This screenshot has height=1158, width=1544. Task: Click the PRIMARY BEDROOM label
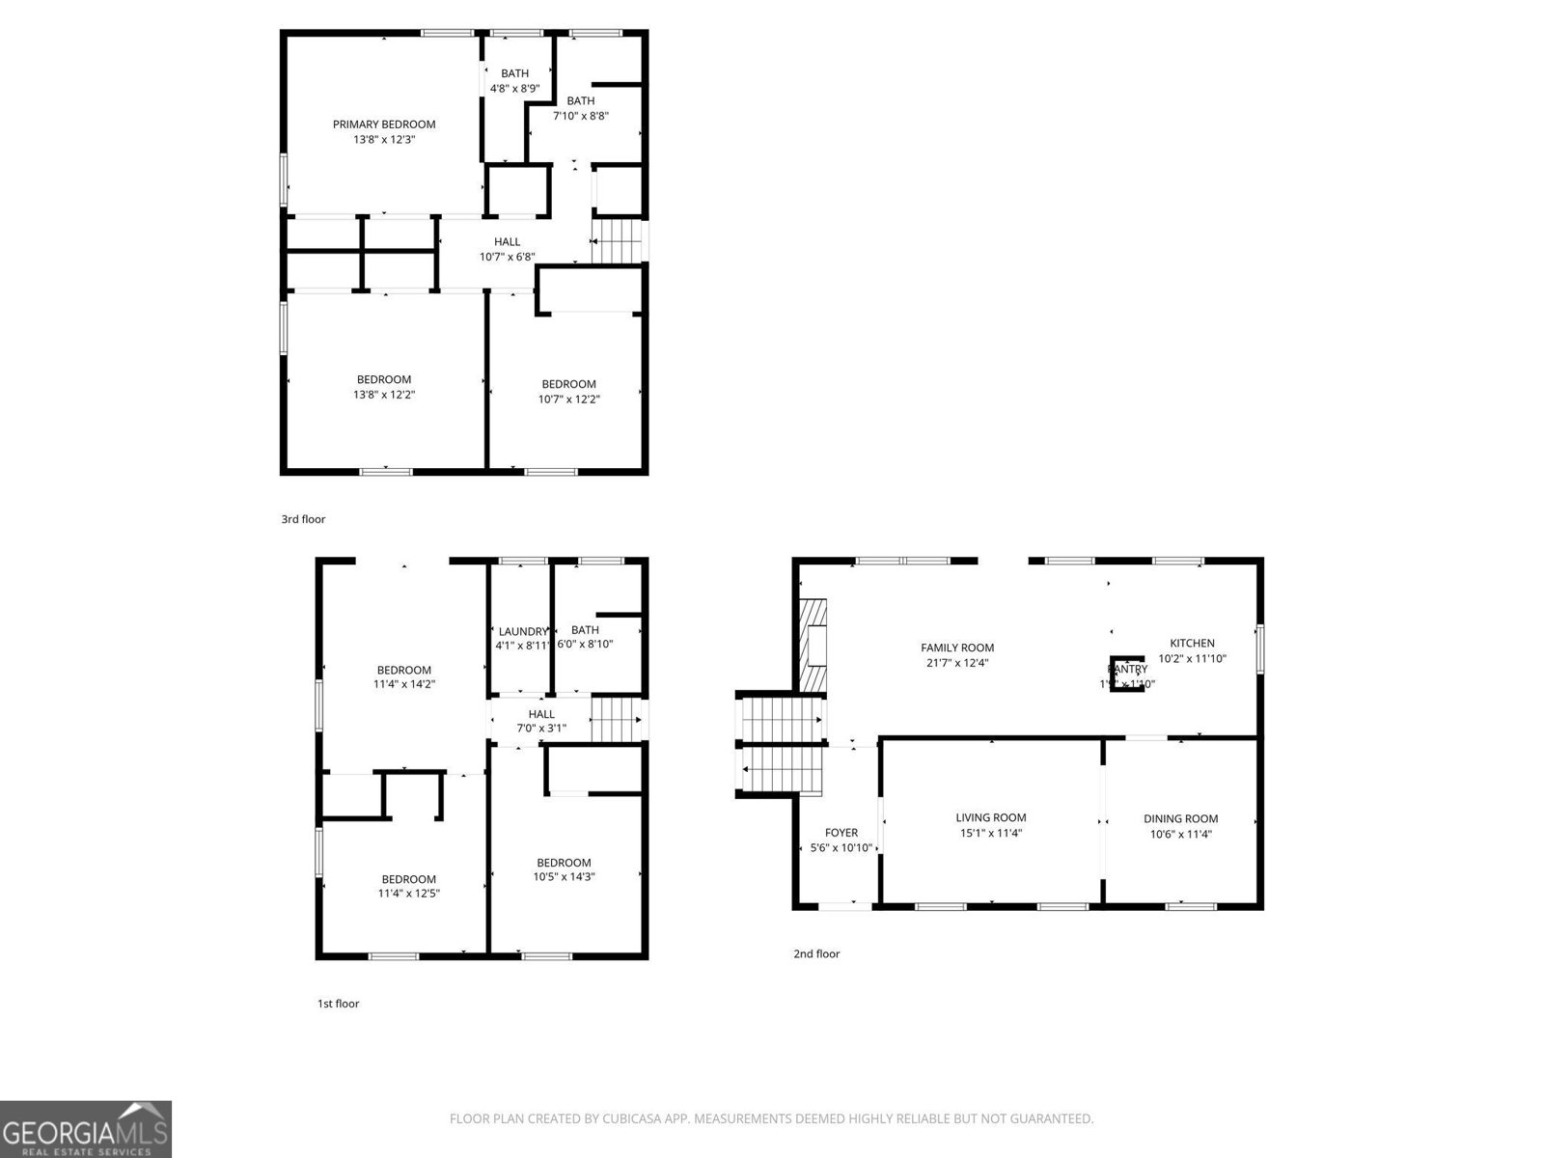[384, 124]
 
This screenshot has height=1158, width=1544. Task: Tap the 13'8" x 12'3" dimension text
[384, 140]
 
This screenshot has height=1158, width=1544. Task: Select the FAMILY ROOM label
[957, 648]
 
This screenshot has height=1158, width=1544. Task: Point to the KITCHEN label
[1193, 643]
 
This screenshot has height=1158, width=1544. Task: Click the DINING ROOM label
[1181, 818]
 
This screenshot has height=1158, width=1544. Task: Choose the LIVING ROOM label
[991, 817]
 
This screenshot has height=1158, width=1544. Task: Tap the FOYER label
[841, 833]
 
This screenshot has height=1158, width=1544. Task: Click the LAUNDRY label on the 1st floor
[522, 631]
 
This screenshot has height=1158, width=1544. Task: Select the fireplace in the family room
[813, 645]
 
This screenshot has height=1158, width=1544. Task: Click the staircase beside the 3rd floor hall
[618, 240]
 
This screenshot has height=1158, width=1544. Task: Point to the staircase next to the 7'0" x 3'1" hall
[616, 719]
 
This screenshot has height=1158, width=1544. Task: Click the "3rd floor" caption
[303, 519]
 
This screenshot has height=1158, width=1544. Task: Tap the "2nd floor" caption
[816, 953]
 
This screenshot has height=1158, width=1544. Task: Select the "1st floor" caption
[338, 1004]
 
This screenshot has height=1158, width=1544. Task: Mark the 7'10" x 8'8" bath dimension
[581, 116]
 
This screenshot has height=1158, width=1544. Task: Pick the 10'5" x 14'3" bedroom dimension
[564, 877]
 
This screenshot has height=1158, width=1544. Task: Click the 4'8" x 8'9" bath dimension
[514, 89]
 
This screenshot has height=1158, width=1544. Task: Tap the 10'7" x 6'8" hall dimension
[507, 258]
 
